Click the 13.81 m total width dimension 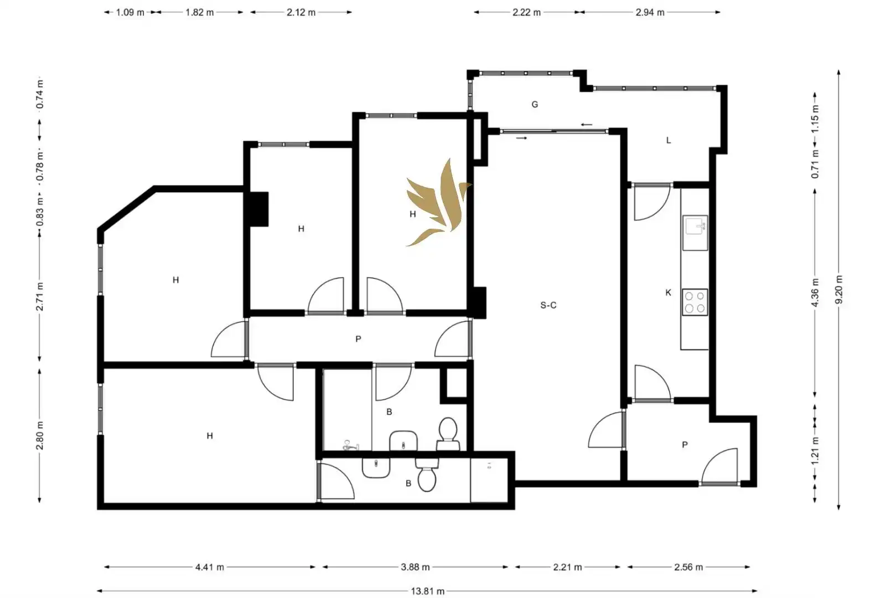coord(427,591)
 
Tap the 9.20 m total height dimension coord(838,290)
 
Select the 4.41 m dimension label coord(210,567)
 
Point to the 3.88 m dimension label coord(415,567)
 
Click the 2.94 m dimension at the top coord(650,12)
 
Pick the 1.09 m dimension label coord(130,12)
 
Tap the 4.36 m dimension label coord(815,292)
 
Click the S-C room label coord(548,305)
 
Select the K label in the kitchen coord(669,292)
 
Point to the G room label coord(535,104)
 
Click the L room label coord(669,140)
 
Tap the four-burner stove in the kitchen coord(695,302)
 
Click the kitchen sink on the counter coord(695,233)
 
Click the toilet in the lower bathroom coord(427,475)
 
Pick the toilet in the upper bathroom coord(448,434)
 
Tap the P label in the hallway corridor coord(358,339)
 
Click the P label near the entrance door coord(685,445)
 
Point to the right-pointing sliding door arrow coord(521,138)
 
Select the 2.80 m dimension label coord(40,435)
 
